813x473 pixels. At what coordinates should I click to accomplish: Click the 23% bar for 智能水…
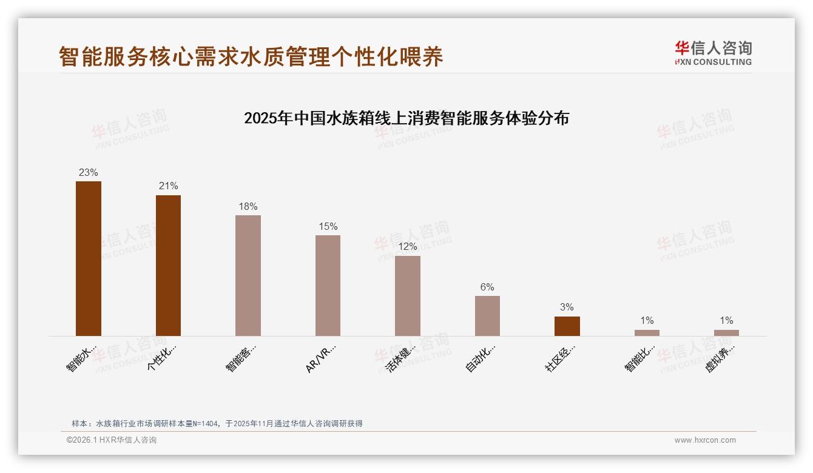pyautogui.click(x=89, y=258)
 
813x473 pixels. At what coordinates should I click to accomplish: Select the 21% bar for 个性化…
pyautogui.click(x=168, y=265)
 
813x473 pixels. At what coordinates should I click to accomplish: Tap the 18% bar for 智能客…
pyautogui.click(x=248, y=275)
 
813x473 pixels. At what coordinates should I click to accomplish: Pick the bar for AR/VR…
pyautogui.click(x=328, y=285)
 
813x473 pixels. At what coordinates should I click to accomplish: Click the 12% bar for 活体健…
pyautogui.click(x=408, y=295)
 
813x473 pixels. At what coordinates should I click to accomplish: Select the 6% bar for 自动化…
pyautogui.click(x=487, y=315)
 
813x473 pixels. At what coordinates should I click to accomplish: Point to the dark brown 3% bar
pyautogui.click(x=567, y=326)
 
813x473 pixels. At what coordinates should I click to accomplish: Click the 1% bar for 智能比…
pyautogui.click(x=647, y=333)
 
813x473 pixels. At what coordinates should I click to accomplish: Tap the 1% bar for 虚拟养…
pyautogui.click(x=726, y=333)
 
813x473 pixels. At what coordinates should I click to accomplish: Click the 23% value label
pyautogui.click(x=89, y=172)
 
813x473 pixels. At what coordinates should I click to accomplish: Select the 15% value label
pyautogui.click(x=328, y=226)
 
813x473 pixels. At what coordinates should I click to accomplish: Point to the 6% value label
pyautogui.click(x=487, y=287)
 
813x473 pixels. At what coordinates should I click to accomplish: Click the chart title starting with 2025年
pyautogui.click(x=406, y=118)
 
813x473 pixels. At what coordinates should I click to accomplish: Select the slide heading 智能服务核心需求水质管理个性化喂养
pyautogui.click(x=251, y=56)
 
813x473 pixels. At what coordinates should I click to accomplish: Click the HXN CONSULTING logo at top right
pyautogui.click(x=713, y=53)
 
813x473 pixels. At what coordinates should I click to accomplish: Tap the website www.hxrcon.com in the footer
pyautogui.click(x=705, y=440)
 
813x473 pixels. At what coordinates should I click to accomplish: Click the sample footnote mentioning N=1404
pyautogui.click(x=217, y=423)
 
